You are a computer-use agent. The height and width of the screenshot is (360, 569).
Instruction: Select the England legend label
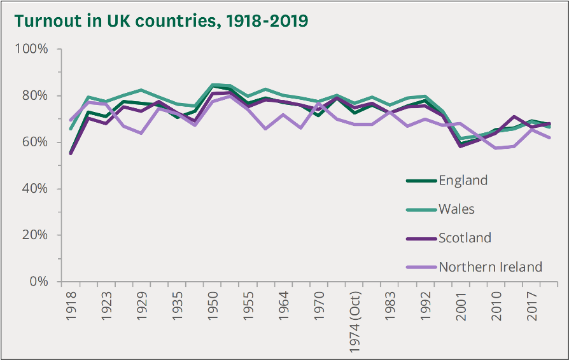coord(463,181)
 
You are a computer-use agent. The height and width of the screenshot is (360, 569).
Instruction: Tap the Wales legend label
coord(456,209)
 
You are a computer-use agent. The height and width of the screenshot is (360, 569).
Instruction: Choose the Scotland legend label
coord(465,238)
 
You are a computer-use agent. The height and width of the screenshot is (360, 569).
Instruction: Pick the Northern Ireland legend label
coord(490,267)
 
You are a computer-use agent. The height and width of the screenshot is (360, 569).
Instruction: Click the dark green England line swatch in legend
coord(421,181)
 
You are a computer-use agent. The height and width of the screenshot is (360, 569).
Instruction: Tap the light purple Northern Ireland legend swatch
coord(421,267)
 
